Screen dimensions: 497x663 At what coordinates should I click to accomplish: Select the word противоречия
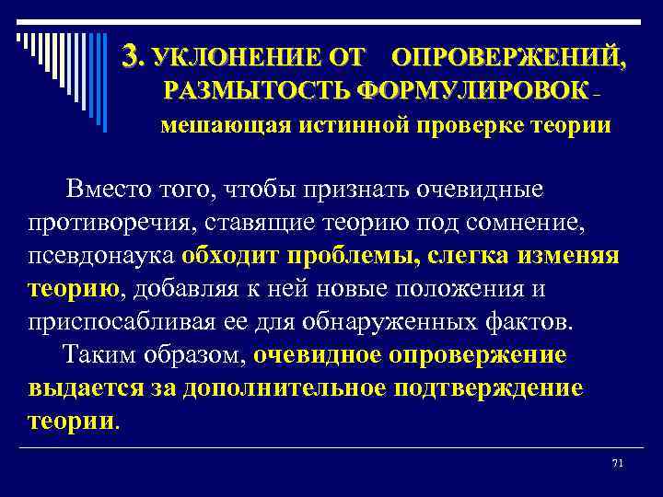pos(115,223)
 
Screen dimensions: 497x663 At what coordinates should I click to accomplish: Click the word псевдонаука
pos(101,256)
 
